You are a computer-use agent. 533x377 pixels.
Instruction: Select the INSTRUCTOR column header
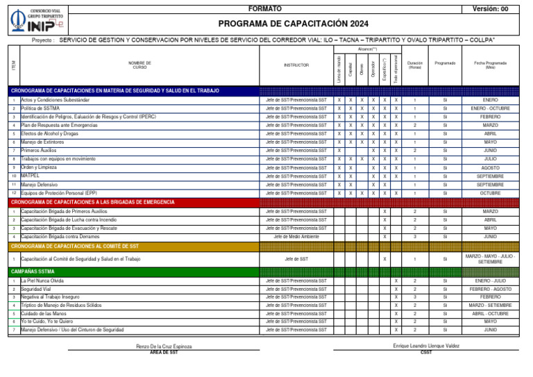tap(296, 65)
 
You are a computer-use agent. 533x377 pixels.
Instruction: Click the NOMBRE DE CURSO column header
tap(139, 65)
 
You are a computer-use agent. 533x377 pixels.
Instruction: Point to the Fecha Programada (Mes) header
tap(490, 65)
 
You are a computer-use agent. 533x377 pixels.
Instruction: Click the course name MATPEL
tap(31, 176)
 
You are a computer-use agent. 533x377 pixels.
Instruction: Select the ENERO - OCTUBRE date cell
tap(490, 108)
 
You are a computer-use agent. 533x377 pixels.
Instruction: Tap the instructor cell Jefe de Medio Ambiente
tap(296, 237)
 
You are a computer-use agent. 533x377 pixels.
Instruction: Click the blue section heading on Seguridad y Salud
tap(115, 91)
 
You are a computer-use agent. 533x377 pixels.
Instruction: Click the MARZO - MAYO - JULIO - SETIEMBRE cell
tap(490, 259)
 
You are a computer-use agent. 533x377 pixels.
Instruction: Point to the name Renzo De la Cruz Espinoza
tap(164, 346)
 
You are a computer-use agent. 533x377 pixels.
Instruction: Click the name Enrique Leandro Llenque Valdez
tap(425, 345)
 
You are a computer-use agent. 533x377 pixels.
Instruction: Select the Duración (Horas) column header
tap(414, 65)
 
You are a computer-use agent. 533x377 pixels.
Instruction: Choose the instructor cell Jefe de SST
tap(296, 259)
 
